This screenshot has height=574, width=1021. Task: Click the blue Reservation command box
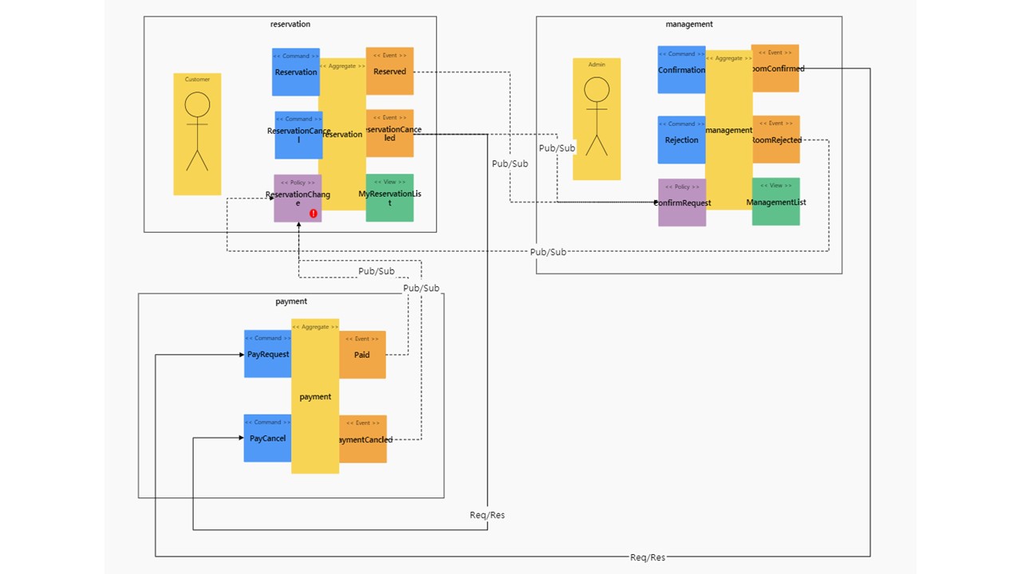coord(296,72)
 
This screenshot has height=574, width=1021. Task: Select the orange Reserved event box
coord(389,71)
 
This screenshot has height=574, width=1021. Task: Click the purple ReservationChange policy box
coord(297,198)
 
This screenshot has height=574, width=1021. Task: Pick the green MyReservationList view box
coord(389,198)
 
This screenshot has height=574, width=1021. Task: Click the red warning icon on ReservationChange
coord(313,214)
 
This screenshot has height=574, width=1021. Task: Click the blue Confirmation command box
coord(680,69)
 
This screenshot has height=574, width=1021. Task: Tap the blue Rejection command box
coord(680,140)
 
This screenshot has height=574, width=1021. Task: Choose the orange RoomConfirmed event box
coord(775,69)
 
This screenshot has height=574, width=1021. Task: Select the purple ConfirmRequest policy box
coord(681,202)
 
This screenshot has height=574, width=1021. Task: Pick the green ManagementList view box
coord(775,202)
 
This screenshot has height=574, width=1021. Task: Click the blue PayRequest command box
coord(268,354)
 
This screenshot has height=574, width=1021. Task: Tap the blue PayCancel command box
coord(267,438)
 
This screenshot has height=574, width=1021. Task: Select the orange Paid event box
coord(362,355)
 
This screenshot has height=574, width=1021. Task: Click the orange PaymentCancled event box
coord(363,439)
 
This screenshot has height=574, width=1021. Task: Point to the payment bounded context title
coord(291,301)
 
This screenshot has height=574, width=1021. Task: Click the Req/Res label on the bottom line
coord(647,557)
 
